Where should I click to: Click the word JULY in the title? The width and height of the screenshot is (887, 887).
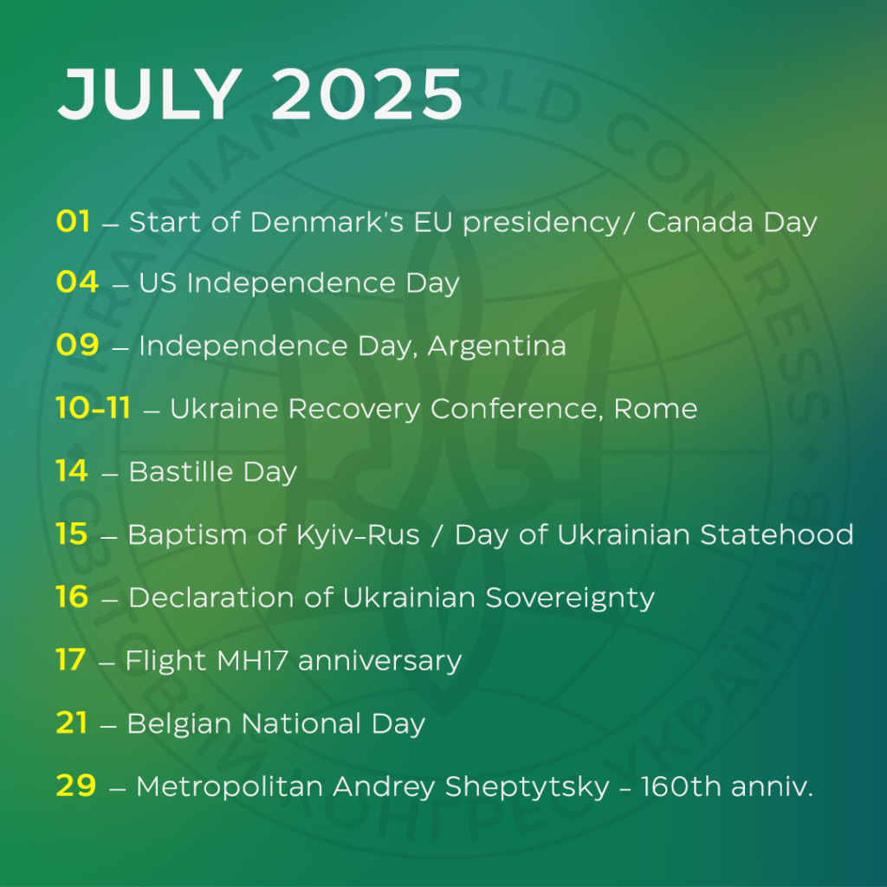[x=151, y=94]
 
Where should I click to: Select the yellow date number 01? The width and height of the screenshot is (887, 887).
[x=73, y=221]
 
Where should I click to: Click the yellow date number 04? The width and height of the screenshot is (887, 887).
[x=77, y=282]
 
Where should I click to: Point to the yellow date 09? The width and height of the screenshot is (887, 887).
[x=77, y=345]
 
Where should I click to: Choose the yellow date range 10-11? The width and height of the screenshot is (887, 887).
[x=94, y=407]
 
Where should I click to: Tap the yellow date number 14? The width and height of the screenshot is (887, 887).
[x=72, y=470]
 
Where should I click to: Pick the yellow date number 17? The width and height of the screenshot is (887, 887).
[x=71, y=659]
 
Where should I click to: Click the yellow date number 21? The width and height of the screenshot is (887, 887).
[x=72, y=722]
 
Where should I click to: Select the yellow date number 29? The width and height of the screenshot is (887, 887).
[x=76, y=785]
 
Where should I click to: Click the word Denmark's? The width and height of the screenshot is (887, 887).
[x=327, y=222]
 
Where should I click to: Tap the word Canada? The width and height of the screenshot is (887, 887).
[x=700, y=222]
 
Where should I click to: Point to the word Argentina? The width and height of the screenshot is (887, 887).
[x=496, y=346]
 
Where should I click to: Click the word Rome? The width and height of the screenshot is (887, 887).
[x=656, y=409]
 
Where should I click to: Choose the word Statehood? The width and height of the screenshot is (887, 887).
[x=777, y=534]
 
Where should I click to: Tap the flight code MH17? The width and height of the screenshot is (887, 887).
[x=252, y=660]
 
